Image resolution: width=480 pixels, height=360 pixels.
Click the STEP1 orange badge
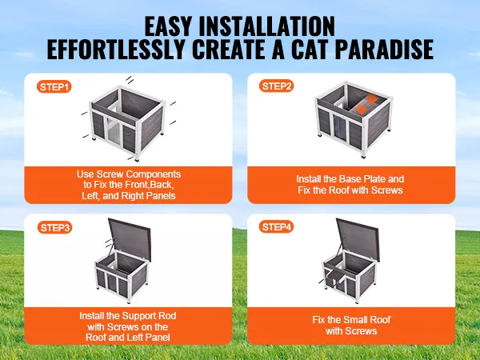pos(54,87)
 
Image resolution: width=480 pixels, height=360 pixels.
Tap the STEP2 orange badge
pos(277,86)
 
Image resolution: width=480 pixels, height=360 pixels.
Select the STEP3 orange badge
pos(54,228)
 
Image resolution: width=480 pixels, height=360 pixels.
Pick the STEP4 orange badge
pos(277,227)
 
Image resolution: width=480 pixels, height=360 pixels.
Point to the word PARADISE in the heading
pos(385,49)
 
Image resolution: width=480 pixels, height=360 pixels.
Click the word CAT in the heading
pos(310,49)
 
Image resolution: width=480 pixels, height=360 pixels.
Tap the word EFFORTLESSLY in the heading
pos(116,49)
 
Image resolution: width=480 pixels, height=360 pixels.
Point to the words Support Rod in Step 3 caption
pos(150,316)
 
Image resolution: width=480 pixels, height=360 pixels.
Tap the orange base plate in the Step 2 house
pos(364,106)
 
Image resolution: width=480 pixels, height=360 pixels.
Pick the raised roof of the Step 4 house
pos(358,239)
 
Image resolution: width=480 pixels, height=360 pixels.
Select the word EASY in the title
pos(168,26)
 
